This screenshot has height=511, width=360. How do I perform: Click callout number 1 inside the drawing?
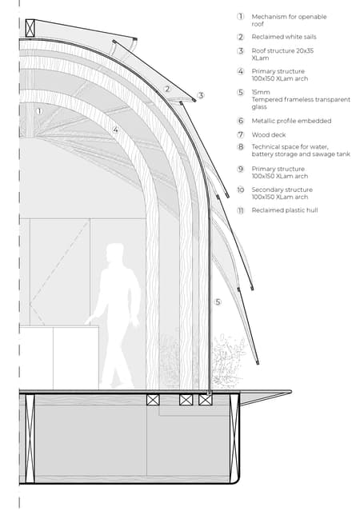[x=39, y=111]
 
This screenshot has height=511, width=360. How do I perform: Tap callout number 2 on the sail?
[x=167, y=89]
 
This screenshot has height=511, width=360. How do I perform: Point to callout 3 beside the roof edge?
[x=201, y=95]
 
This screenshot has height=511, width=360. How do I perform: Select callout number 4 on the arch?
[x=115, y=130]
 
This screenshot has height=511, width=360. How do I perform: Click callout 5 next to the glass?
[x=218, y=302]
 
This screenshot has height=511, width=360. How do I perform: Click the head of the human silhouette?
[x=114, y=252]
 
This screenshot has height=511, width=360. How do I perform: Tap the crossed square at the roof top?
[x=30, y=28]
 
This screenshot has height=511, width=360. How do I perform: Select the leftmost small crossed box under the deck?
[x=153, y=400]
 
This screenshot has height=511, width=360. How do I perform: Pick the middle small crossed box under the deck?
[x=186, y=400]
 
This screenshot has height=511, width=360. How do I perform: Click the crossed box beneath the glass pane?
[x=205, y=400]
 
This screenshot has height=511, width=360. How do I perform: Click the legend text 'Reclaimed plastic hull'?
[x=284, y=210]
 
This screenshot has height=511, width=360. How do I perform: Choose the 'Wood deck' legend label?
[x=269, y=134]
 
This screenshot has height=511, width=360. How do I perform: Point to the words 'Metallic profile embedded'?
[x=291, y=121]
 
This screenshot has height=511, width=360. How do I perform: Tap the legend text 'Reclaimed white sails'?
[x=284, y=37]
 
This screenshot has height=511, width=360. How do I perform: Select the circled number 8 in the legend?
[x=241, y=147]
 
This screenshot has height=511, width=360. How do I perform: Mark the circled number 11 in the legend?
[x=241, y=210]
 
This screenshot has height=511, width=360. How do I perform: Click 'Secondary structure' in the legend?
[x=282, y=190]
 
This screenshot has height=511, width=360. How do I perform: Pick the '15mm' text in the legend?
[x=261, y=92]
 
